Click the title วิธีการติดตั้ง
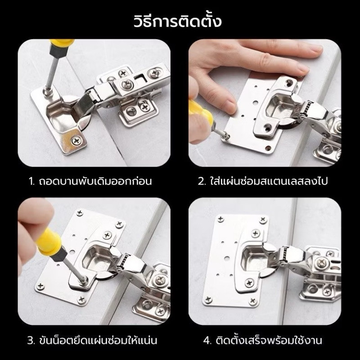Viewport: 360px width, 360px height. (x=177, y=21)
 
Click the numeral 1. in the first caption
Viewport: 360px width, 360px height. (x=31, y=181)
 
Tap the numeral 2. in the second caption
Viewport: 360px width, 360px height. (x=202, y=181)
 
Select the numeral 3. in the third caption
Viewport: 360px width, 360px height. (x=31, y=340)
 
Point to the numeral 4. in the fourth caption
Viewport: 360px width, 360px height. (x=207, y=340)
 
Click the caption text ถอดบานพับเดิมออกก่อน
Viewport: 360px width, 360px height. (x=95, y=181)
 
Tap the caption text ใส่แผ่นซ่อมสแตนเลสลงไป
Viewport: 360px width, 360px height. (x=269, y=181)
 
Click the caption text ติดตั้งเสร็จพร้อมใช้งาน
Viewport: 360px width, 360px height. (x=269, y=340)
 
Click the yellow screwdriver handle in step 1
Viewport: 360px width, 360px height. (x=62, y=43)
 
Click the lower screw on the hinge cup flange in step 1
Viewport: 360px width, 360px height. (x=76, y=140)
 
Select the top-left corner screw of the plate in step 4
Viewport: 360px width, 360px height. (x=220, y=219)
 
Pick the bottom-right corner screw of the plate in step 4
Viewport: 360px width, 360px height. (x=252, y=300)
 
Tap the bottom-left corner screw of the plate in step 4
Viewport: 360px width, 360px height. (x=208, y=299)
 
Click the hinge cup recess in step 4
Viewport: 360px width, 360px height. (x=252, y=257)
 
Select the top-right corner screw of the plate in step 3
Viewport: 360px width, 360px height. (x=119, y=224)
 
